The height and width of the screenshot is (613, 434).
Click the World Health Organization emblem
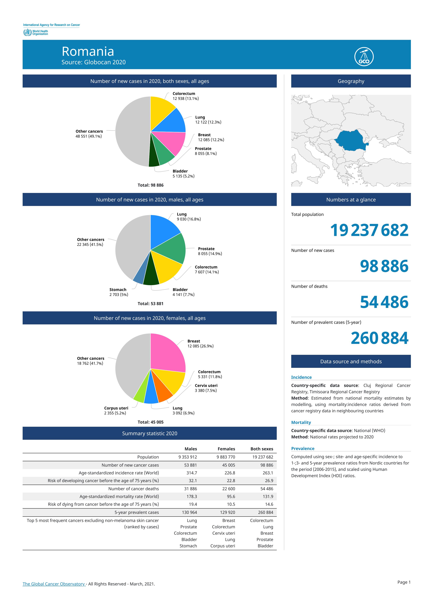point(27,33)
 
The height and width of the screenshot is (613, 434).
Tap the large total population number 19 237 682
point(369,230)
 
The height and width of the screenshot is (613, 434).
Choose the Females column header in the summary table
point(226,449)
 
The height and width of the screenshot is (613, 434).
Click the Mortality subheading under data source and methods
point(301,422)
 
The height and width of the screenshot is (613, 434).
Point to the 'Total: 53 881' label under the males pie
point(150,304)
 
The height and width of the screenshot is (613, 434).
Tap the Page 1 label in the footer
point(404,582)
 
